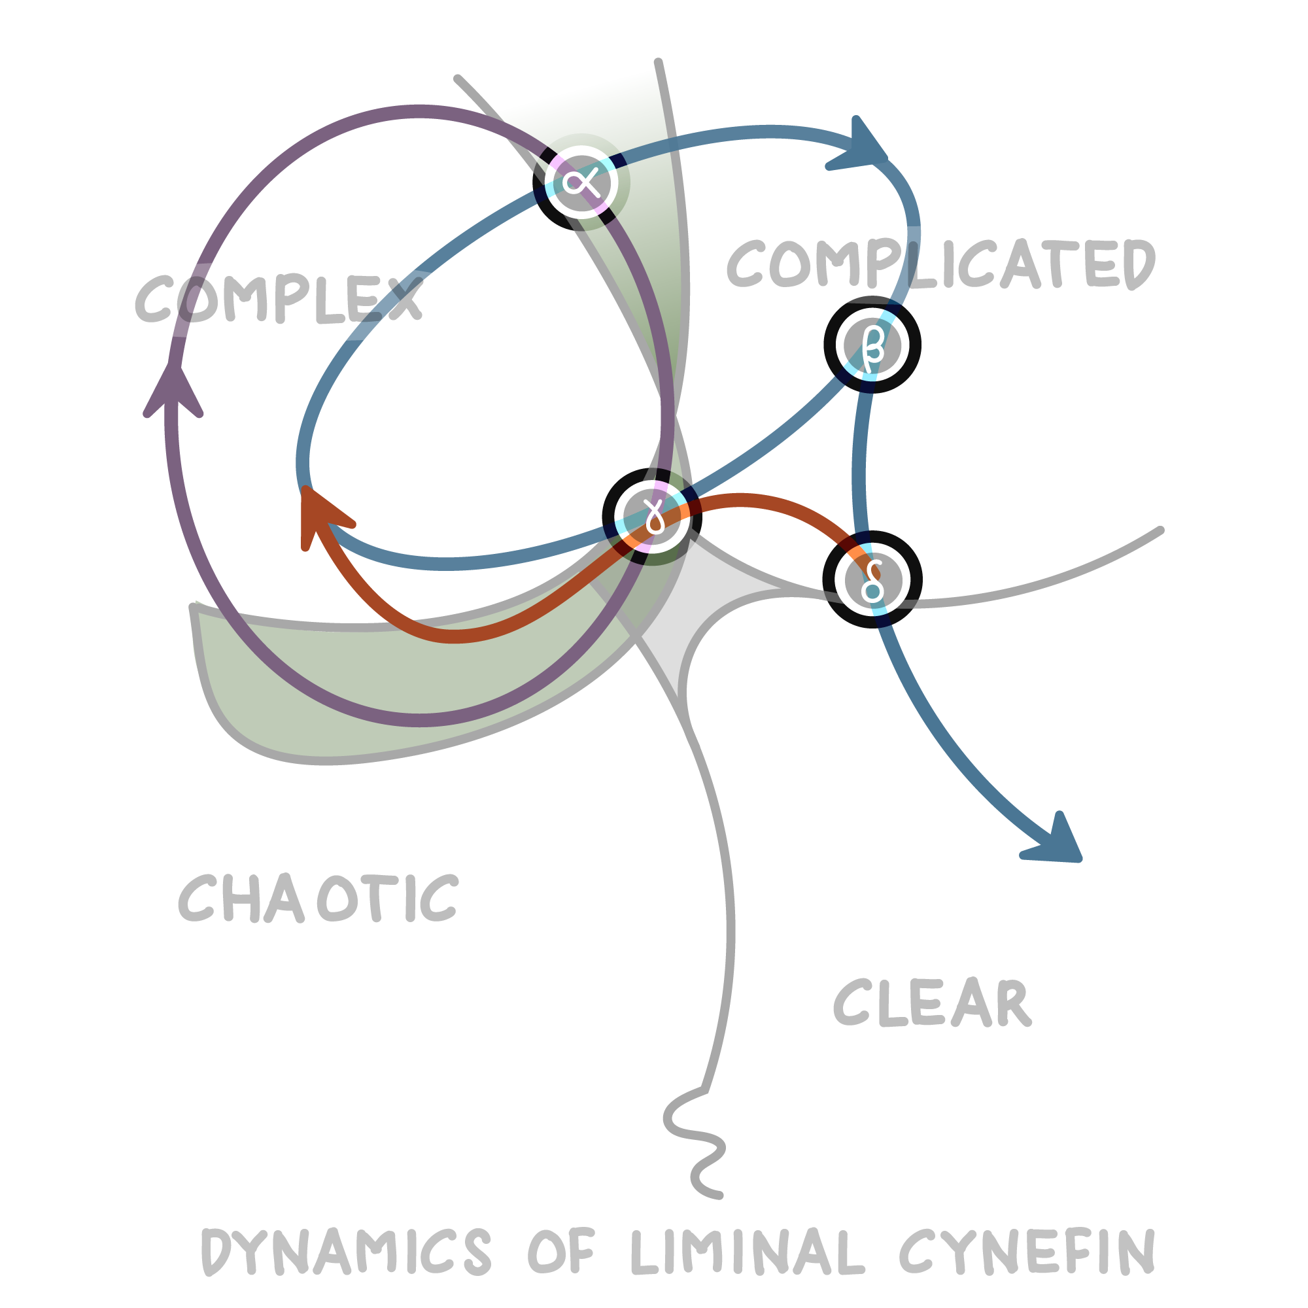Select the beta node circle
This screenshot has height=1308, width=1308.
pyautogui.click(x=872, y=345)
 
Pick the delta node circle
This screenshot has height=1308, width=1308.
pyautogui.click(x=872, y=579)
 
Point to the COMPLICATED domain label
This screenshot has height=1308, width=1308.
pyautogui.click(x=941, y=264)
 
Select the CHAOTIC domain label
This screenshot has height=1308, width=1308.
pyautogui.click(x=318, y=899)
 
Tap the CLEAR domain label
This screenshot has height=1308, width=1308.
pyautogui.click(x=932, y=1003)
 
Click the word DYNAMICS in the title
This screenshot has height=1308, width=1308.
pyautogui.click(x=345, y=1251)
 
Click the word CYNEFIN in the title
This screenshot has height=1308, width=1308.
pyautogui.click(x=1027, y=1251)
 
